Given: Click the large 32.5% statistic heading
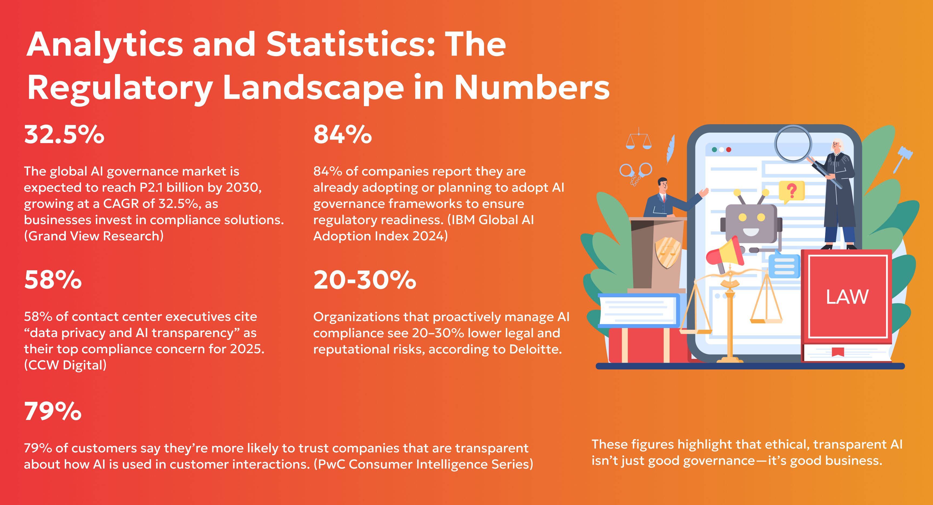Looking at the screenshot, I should pos(64,135).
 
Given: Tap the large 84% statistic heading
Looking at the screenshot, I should pos(342,135).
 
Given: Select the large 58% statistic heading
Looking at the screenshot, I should pos(53,280).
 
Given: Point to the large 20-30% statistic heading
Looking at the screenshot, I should pos(365,280).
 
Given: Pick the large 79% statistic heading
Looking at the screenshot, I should pos(53,411).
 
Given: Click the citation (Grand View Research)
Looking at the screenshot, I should pos(94,236).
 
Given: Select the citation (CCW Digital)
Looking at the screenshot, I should pos(65,365).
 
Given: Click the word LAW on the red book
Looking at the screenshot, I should pos(847,297).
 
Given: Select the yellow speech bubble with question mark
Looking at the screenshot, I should pos(792,191).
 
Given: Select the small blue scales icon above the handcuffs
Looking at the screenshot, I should pos(638,139).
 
